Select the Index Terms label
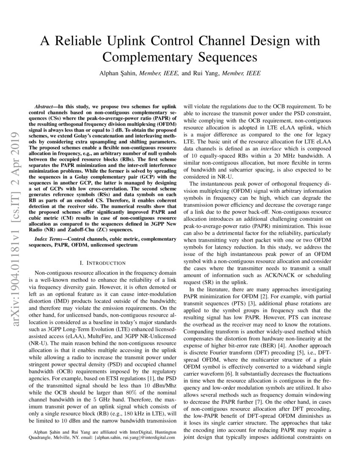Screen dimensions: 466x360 50,239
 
